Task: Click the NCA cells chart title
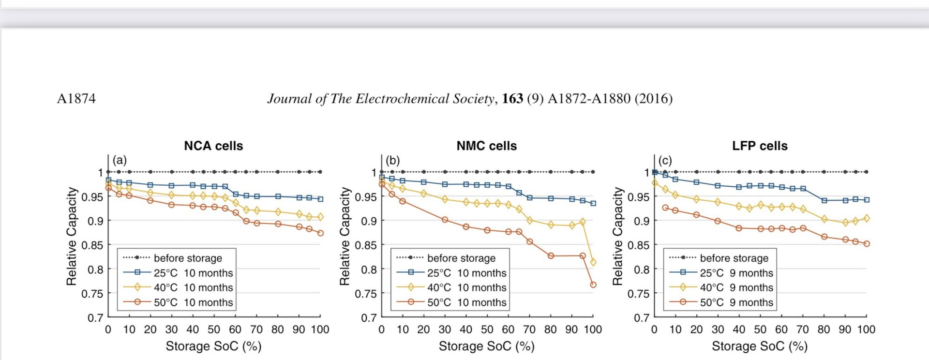click(213, 146)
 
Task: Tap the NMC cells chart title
click(486, 146)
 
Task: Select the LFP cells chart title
click(760, 146)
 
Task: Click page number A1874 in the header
click(76, 99)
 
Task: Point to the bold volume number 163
click(512, 99)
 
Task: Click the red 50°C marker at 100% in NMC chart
click(593, 285)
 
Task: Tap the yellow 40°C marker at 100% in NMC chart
click(593, 262)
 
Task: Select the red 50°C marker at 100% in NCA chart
click(320, 233)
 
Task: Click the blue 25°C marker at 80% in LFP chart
click(824, 200)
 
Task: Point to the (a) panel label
click(120, 160)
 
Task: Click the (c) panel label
click(665, 160)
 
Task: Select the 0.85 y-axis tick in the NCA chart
click(92, 245)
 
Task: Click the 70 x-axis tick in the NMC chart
click(529, 330)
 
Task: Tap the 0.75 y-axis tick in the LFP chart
click(638, 294)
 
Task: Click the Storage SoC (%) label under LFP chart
click(759, 346)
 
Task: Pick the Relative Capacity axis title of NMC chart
click(345, 236)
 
